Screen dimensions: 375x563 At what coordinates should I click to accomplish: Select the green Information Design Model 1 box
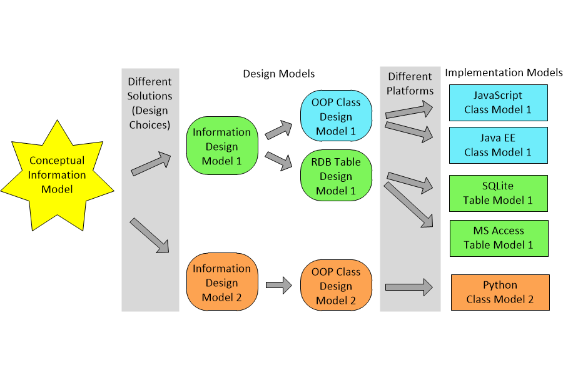(x=221, y=146)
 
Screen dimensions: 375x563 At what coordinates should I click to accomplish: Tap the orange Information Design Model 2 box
(x=221, y=282)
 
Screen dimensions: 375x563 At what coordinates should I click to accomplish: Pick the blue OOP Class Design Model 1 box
(x=336, y=116)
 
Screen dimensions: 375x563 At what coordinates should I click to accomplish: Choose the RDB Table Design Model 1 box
(x=336, y=176)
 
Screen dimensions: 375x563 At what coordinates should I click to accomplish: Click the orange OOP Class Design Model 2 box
(x=336, y=286)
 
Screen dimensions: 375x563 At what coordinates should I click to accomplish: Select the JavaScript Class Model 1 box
(x=498, y=103)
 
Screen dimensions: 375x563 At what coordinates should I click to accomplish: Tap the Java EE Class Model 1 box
(x=498, y=145)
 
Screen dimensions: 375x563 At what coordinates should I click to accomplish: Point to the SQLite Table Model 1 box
(x=498, y=193)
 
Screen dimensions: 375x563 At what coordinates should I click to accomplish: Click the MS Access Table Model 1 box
(x=498, y=237)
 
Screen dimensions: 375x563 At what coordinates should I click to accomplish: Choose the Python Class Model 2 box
(x=500, y=292)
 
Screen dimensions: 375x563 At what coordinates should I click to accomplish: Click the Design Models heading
(x=278, y=74)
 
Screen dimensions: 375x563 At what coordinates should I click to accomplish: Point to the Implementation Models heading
(x=504, y=72)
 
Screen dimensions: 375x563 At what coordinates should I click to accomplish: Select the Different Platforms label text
(x=410, y=84)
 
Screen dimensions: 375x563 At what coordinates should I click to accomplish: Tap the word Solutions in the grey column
(x=150, y=96)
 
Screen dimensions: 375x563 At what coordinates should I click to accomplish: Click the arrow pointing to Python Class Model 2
(x=409, y=287)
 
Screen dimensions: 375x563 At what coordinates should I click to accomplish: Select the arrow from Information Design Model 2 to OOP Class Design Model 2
(x=279, y=286)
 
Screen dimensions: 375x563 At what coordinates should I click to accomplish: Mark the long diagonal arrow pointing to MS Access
(x=408, y=204)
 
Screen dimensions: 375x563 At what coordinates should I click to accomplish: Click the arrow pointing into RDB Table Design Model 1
(x=279, y=161)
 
